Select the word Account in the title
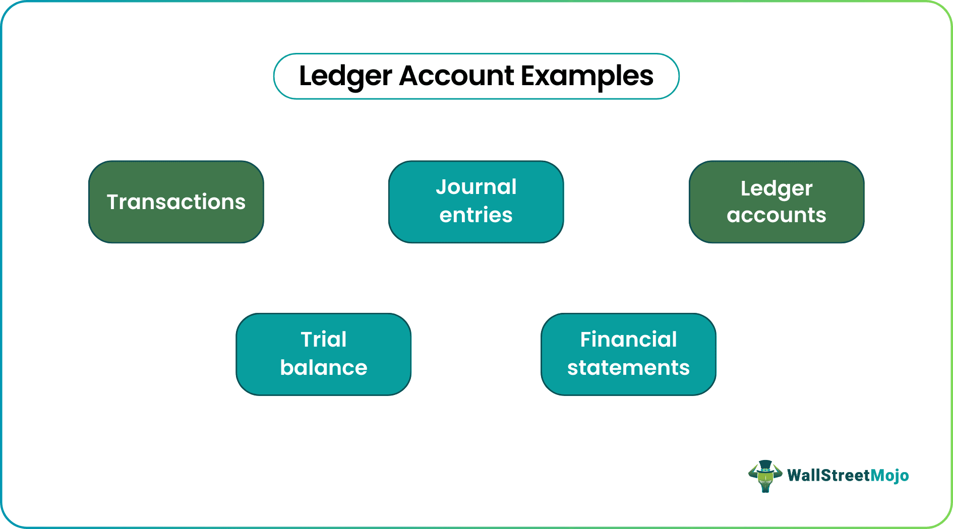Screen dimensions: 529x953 pyautogui.click(x=456, y=77)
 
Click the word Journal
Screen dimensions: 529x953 pyautogui.click(x=476, y=187)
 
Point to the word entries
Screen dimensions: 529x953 pyautogui.click(x=476, y=216)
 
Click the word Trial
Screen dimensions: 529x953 pyautogui.click(x=324, y=340)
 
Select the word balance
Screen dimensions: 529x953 pyautogui.click(x=324, y=368)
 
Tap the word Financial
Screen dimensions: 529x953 pyautogui.click(x=628, y=340)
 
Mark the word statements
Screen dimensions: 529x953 pyautogui.click(x=628, y=368)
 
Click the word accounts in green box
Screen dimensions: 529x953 pyautogui.click(x=777, y=216)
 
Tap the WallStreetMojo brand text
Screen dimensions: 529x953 pyautogui.click(x=848, y=476)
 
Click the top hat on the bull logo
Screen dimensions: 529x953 pyautogui.click(x=765, y=465)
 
